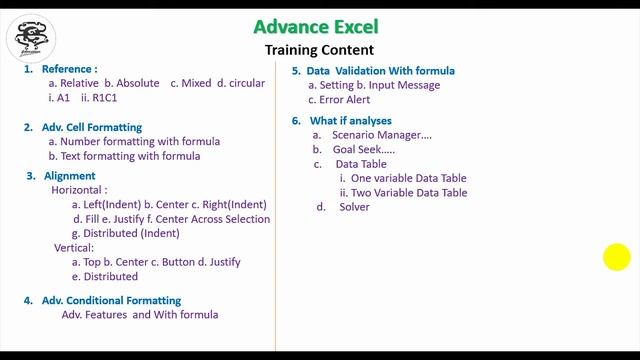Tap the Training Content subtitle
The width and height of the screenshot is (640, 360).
pyautogui.click(x=319, y=50)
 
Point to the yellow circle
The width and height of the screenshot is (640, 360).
pyautogui.click(x=617, y=257)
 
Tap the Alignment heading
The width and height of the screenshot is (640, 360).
pyautogui.click(x=70, y=176)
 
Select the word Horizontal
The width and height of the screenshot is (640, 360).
pyautogui.click(x=79, y=190)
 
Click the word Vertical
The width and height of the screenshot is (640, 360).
pyautogui.click(x=74, y=247)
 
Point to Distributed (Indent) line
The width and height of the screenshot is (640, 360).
pyautogui.click(x=132, y=233)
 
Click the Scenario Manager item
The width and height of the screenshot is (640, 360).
pyautogui.click(x=383, y=135)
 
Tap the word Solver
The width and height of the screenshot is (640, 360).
pyautogui.click(x=354, y=207)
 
